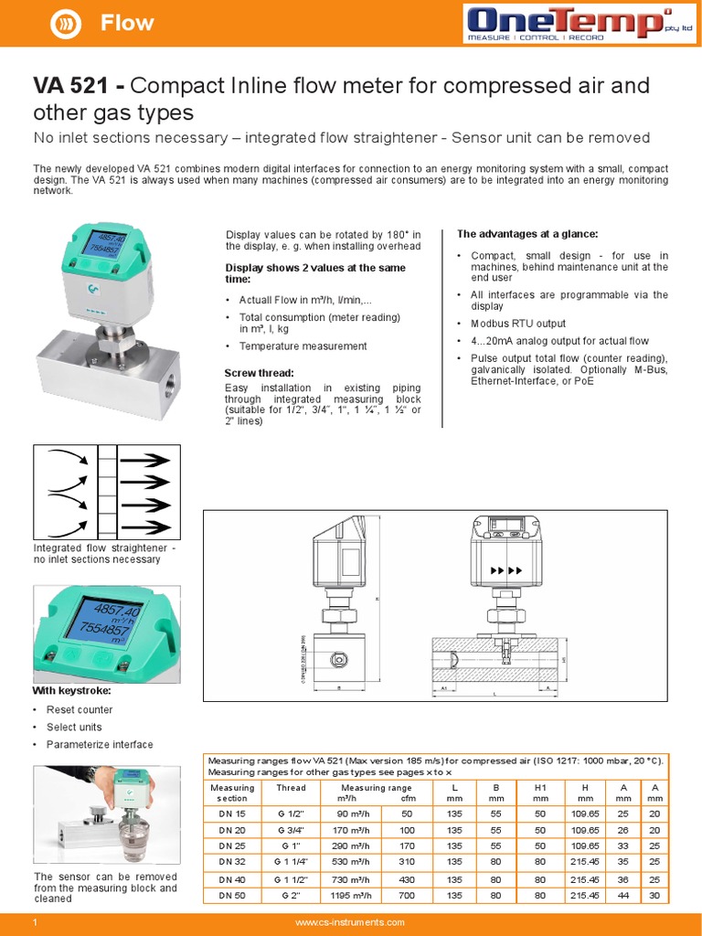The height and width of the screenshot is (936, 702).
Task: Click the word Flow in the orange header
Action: pyautogui.click(x=127, y=24)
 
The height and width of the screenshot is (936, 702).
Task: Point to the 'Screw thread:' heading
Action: pyautogui.click(x=259, y=373)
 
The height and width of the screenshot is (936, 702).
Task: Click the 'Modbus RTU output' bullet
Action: pyautogui.click(x=517, y=324)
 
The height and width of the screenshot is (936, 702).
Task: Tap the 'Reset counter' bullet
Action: pyautogui.click(x=80, y=709)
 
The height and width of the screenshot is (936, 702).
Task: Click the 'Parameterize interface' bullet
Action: pyautogui.click(x=100, y=744)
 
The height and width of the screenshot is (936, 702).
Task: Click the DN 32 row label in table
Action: pyautogui.click(x=232, y=861)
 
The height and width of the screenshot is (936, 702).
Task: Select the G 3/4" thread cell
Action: pyautogui.click(x=291, y=830)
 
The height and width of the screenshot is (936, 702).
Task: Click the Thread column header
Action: pyautogui.click(x=291, y=787)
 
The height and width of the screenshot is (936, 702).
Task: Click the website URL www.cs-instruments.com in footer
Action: pyautogui.click(x=350, y=923)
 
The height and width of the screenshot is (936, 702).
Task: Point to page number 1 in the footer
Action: pyautogui.click(x=35, y=923)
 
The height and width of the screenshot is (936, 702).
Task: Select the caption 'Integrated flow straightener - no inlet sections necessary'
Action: pyautogui.click(x=105, y=553)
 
